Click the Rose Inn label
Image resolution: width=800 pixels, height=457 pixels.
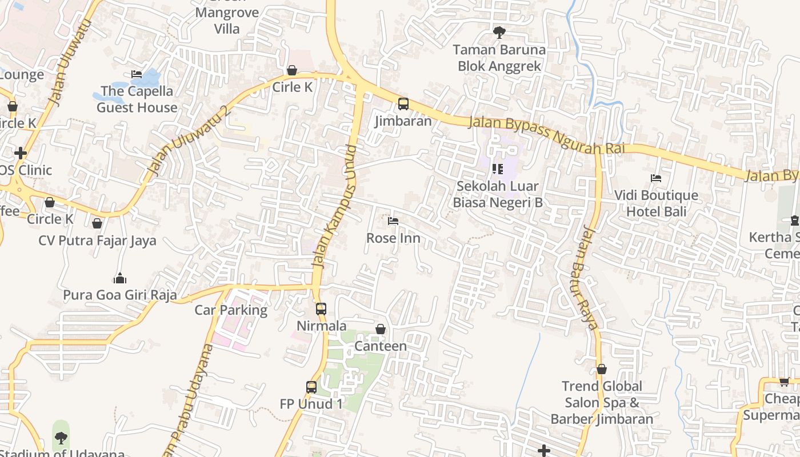click(393, 238)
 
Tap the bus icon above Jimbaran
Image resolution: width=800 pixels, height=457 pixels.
click(403, 104)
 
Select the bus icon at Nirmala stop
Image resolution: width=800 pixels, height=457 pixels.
click(321, 309)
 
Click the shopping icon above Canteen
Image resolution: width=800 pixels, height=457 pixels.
click(381, 329)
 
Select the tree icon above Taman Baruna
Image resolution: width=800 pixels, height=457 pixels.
click(499, 32)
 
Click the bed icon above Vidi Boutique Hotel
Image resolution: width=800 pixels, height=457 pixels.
click(656, 178)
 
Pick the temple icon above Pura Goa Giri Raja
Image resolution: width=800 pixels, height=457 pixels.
click(119, 278)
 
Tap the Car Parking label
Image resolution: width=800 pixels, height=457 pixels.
click(231, 310)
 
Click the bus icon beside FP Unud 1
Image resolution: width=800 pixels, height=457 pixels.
click(311, 387)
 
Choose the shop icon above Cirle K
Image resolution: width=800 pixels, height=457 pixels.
click(292, 70)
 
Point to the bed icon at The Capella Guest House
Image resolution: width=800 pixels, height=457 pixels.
click(137, 74)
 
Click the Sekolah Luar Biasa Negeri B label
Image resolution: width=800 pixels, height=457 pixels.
click(497, 194)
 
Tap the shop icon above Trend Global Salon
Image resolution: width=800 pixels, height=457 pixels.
click(601, 370)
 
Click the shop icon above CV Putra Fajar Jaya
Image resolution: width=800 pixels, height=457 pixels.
click(97, 223)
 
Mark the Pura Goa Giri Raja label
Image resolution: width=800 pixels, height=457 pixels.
click(119, 295)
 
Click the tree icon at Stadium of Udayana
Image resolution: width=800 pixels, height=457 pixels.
click(61, 438)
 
